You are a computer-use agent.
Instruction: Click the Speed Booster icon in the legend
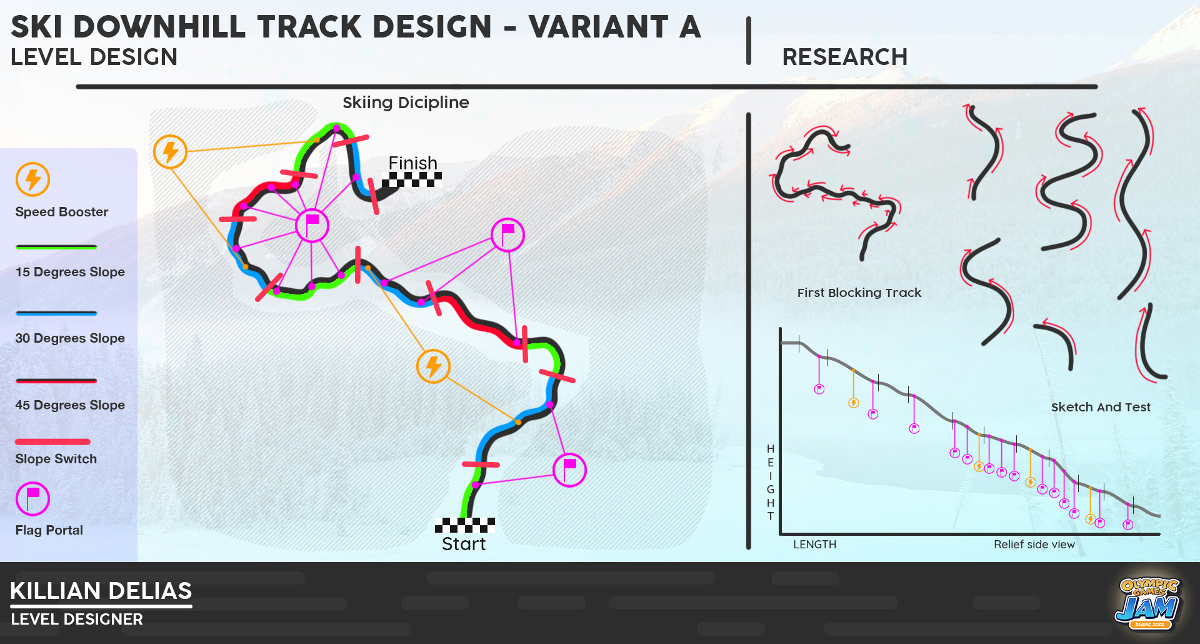32,179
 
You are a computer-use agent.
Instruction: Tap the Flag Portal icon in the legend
32,499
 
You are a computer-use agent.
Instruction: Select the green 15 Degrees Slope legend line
56,247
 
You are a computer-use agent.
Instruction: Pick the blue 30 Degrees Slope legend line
56,313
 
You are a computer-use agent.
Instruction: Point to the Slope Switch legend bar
52,442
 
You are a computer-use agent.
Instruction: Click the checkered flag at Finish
412,179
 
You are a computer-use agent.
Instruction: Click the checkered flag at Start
465,525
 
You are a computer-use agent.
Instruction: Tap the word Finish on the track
412,163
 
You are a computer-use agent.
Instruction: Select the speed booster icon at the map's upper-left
170,152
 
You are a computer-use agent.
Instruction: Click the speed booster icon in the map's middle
433,366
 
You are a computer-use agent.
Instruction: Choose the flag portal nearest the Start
569,470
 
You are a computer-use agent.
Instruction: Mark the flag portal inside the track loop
312,226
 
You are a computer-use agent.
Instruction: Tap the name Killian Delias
101,591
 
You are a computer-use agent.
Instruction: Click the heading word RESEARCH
844,57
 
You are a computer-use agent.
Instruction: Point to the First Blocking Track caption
859,293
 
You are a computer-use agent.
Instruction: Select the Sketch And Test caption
1101,407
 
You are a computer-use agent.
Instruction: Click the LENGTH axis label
814,545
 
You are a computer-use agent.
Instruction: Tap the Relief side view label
1034,545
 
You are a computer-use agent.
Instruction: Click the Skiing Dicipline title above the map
406,103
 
